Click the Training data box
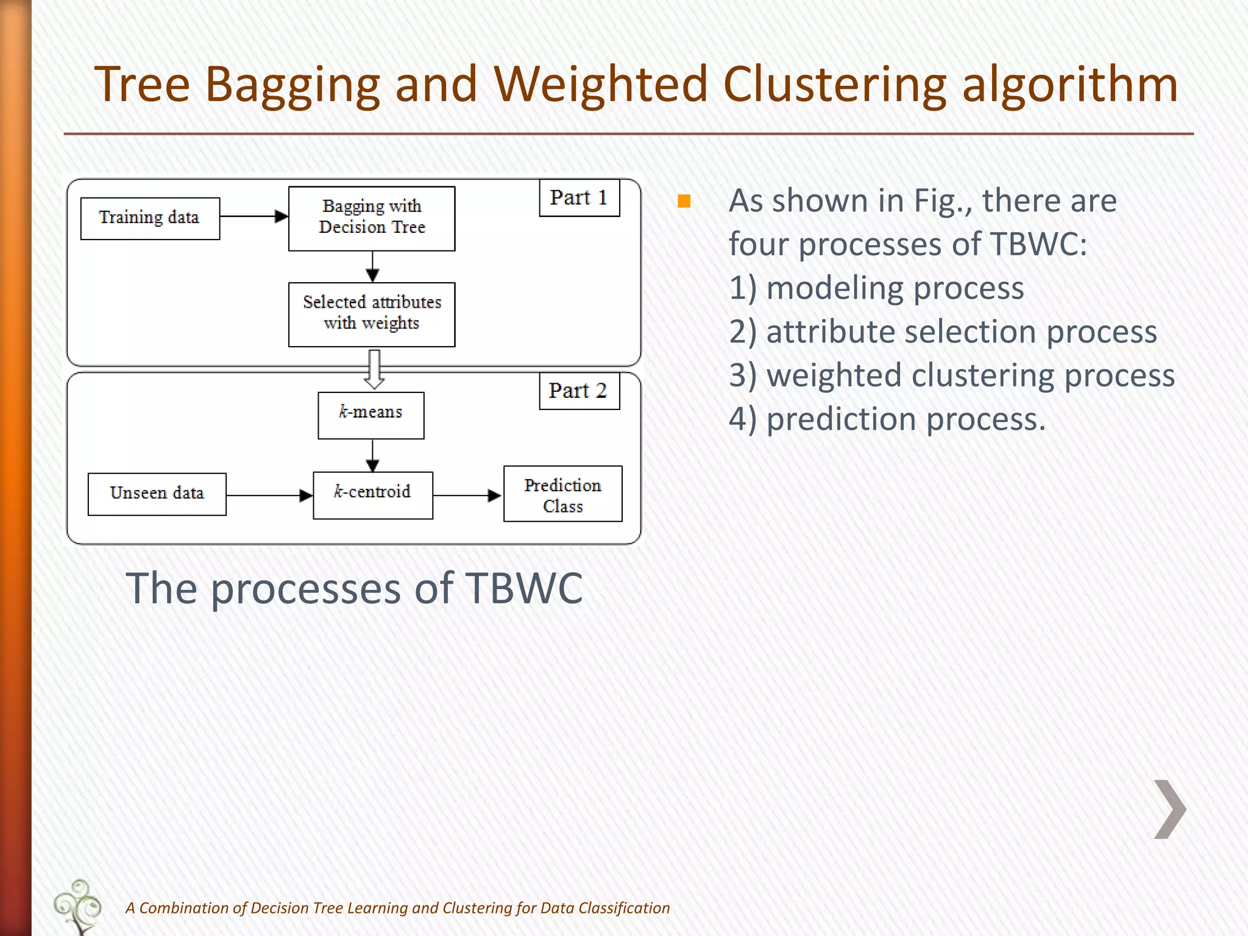150,218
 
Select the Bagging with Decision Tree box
372,218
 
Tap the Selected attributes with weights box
372,314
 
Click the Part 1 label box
579,198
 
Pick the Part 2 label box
579,391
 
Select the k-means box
370,415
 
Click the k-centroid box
372,495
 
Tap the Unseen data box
157,494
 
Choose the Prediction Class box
562,494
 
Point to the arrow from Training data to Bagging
253,216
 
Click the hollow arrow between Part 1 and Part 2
374,369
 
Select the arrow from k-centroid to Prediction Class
467,495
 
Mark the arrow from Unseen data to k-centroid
269,495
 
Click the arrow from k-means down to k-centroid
373,455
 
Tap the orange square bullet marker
684,202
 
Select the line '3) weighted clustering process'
951,375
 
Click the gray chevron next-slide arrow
1169,809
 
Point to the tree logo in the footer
78,906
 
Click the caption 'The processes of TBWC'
354,589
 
